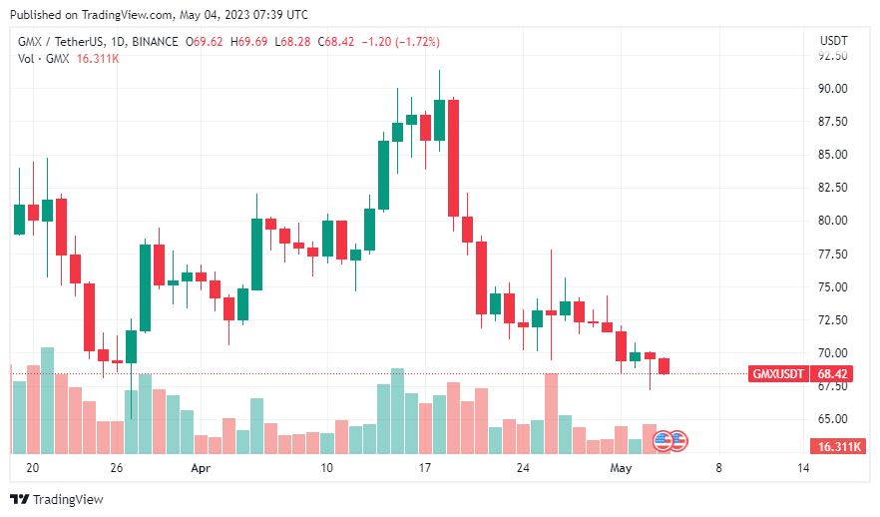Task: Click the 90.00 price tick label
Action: pyautogui.click(x=833, y=89)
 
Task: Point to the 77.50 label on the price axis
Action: pyautogui.click(x=833, y=255)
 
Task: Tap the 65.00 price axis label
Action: pyautogui.click(x=833, y=419)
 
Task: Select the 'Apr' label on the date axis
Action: pyautogui.click(x=201, y=468)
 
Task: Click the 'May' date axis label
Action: pyautogui.click(x=621, y=468)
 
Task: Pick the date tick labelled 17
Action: pyautogui.click(x=424, y=468)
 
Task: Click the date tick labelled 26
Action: pyautogui.click(x=117, y=468)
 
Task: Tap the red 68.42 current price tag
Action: pyautogui.click(x=833, y=373)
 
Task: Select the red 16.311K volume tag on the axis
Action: pyautogui.click(x=837, y=446)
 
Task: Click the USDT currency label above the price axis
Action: pyautogui.click(x=833, y=40)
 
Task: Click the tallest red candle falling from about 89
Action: pyautogui.click(x=453, y=158)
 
